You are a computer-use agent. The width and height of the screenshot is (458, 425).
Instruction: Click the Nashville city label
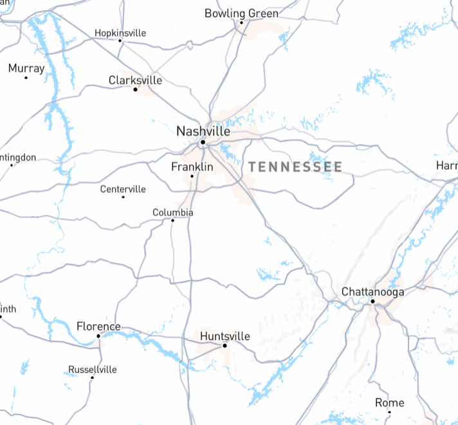coord(203,131)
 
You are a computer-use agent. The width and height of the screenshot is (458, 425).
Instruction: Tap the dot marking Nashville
coord(203,142)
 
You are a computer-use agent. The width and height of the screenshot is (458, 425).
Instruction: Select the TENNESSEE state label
coord(295,167)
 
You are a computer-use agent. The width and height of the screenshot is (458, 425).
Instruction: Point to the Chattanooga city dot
coord(372,301)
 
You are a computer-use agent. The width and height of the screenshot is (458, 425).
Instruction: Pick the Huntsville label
coord(224,336)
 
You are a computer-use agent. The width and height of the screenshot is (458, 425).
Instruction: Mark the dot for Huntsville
coord(225,346)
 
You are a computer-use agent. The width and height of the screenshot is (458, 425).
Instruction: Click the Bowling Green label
coord(241,14)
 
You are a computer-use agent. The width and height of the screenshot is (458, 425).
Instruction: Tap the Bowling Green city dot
coord(242,23)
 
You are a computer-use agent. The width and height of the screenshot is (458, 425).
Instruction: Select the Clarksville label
coord(135,80)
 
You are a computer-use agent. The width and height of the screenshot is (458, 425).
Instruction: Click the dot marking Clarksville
coord(135,89)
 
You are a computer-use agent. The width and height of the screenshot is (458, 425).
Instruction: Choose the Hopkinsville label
coord(120,33)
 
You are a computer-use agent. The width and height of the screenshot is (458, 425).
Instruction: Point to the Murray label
coord(26,68)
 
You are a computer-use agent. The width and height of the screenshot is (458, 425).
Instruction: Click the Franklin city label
coord(192,167)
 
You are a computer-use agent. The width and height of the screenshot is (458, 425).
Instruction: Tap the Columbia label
coord(172,212)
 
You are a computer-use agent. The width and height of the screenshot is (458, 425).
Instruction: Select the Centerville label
coord(123,189)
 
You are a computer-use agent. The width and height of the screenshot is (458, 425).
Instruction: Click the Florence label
coord(98,327)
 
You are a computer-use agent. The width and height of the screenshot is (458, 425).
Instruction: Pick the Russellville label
coord(93,369)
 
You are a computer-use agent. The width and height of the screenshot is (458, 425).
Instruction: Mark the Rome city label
coord(390,403)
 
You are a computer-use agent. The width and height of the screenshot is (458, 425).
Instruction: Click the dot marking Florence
coord(98,336)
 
